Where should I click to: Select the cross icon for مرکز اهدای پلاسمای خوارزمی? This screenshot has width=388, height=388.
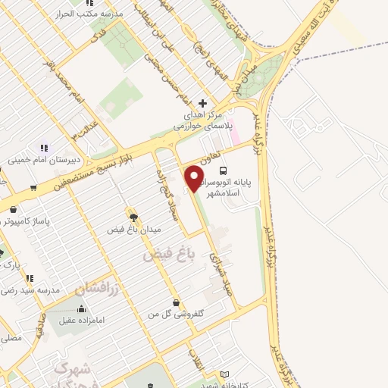point(202,103)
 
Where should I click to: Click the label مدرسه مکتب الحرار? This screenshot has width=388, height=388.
point(92,14)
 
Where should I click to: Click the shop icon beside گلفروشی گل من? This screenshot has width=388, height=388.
point(176,302)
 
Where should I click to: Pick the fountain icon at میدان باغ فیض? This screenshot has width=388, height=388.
point(133,218)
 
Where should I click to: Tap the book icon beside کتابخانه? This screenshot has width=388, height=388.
point(224,374)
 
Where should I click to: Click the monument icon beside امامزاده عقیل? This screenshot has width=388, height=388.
point(81,308)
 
